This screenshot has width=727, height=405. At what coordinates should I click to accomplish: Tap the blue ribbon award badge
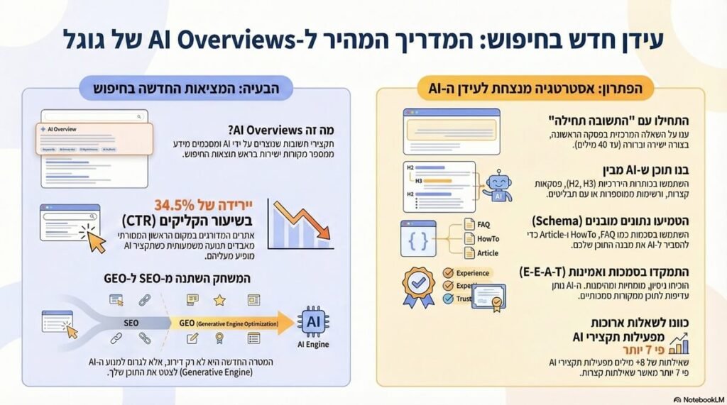tap(418, 287)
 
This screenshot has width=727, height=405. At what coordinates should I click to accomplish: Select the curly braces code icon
tap(417, 239)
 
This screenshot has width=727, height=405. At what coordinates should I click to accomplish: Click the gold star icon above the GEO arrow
tap(219, 301)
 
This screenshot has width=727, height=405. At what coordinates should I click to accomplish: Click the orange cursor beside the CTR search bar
tap(94, 241)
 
